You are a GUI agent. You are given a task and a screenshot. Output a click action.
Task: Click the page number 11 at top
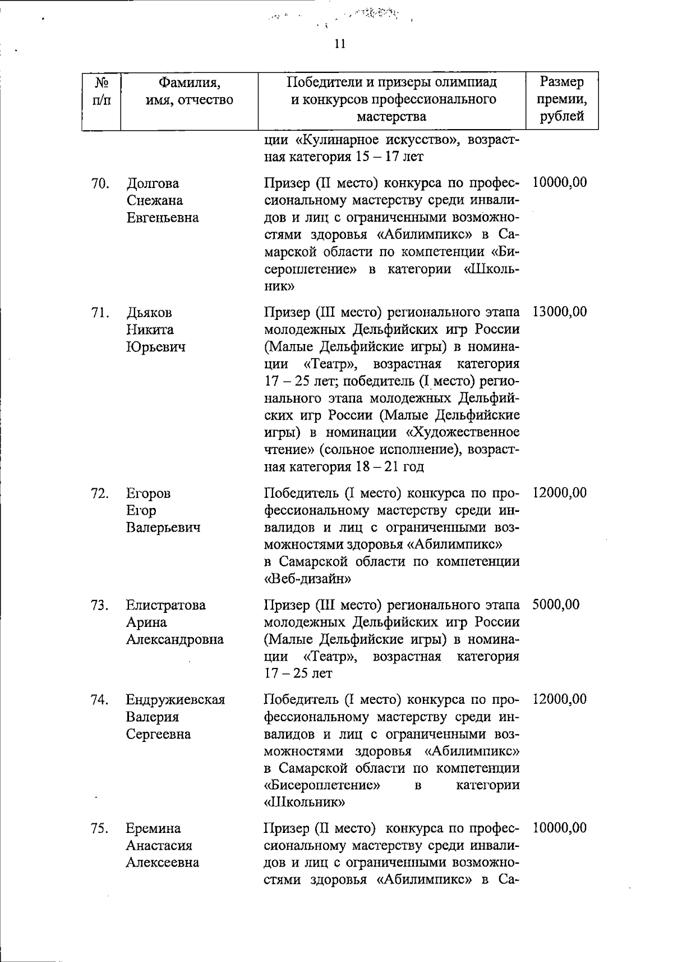click(340, 44)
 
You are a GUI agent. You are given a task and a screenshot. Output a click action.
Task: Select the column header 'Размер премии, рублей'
click(561, 99)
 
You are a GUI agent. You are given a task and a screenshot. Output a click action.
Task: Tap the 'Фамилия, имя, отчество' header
click(189, 91)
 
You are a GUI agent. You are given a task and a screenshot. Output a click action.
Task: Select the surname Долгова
click(153, 184)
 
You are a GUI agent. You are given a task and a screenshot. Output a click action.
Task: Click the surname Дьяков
click(149, 313)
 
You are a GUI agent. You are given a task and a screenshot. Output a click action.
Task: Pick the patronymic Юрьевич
click(155, 347)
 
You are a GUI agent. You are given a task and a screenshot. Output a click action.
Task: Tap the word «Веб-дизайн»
click(307, 579)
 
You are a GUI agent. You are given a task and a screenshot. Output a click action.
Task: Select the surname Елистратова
click(165, 606)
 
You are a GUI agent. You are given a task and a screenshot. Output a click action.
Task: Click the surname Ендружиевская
click(175, 700)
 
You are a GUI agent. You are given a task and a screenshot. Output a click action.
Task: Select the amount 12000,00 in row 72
click(559, 493)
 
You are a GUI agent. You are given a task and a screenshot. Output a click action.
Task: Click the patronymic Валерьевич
click(163, 528)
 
